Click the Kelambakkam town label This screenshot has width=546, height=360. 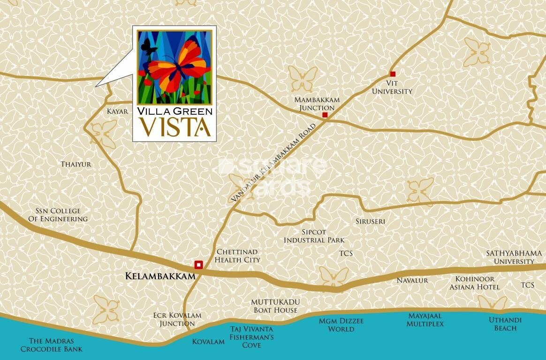(x=160, y=277)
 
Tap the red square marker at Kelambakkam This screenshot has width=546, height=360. (x=198, y=264)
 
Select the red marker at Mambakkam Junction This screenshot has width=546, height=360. (x=325, y=115)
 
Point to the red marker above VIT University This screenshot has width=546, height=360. (x=393, y=74)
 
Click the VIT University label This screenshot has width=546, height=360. (x=392, y=87)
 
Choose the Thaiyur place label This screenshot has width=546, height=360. (x=76, y=165)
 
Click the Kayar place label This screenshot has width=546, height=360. (x=117, y=112)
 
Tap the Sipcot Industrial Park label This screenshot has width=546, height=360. (x=314, y=236)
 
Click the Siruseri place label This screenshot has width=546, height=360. (x=370, y=221)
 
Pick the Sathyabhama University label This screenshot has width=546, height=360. (x=514, y=257)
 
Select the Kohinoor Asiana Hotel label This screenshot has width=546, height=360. (x=475, y=283)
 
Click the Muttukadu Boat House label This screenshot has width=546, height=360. (x=275, y=306)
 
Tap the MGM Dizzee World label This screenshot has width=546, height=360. (x=341, y=325)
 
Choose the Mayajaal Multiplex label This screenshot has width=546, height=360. (x=425, y=320)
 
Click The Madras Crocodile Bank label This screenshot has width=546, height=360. (x=55, y=345)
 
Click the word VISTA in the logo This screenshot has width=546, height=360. (x=174, y=127)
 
